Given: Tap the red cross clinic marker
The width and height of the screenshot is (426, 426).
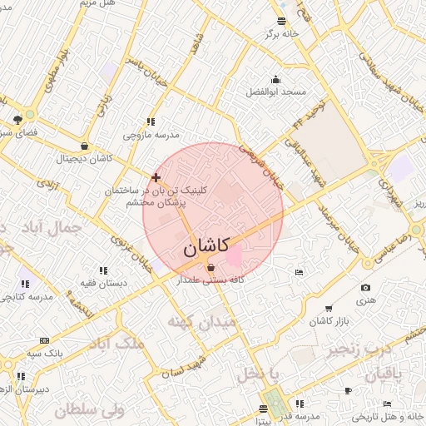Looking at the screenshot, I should (x=156, y=177).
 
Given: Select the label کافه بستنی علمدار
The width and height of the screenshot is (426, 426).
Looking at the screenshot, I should (x=210, y=280).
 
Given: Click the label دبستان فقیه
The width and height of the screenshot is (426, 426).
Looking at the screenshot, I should (x=103, y=283).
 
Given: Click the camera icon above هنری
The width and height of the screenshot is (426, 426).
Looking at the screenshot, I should (x=366, y=288).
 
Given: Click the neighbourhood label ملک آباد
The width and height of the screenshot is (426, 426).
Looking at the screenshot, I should (x=116, y=342).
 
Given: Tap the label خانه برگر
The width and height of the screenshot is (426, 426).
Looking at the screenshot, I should (x=280, y=34).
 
